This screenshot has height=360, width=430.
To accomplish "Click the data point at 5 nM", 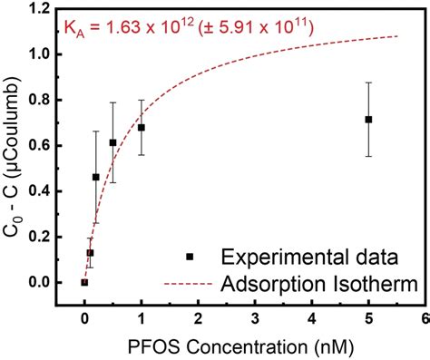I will (368, 120).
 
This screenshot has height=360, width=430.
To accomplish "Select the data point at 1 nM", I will (142, 128).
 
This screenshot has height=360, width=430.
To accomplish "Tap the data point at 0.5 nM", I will (112, 142).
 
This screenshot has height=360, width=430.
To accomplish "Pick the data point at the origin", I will (84, 282).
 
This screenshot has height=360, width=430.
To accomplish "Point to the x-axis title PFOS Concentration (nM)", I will (241, 346).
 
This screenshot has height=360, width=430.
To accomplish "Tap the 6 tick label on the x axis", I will (425, 317).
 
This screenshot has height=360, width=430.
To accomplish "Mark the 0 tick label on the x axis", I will (84, 317).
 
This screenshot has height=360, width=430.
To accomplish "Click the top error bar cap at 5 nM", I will (368, 83).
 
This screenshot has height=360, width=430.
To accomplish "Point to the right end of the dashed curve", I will (397, 36).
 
